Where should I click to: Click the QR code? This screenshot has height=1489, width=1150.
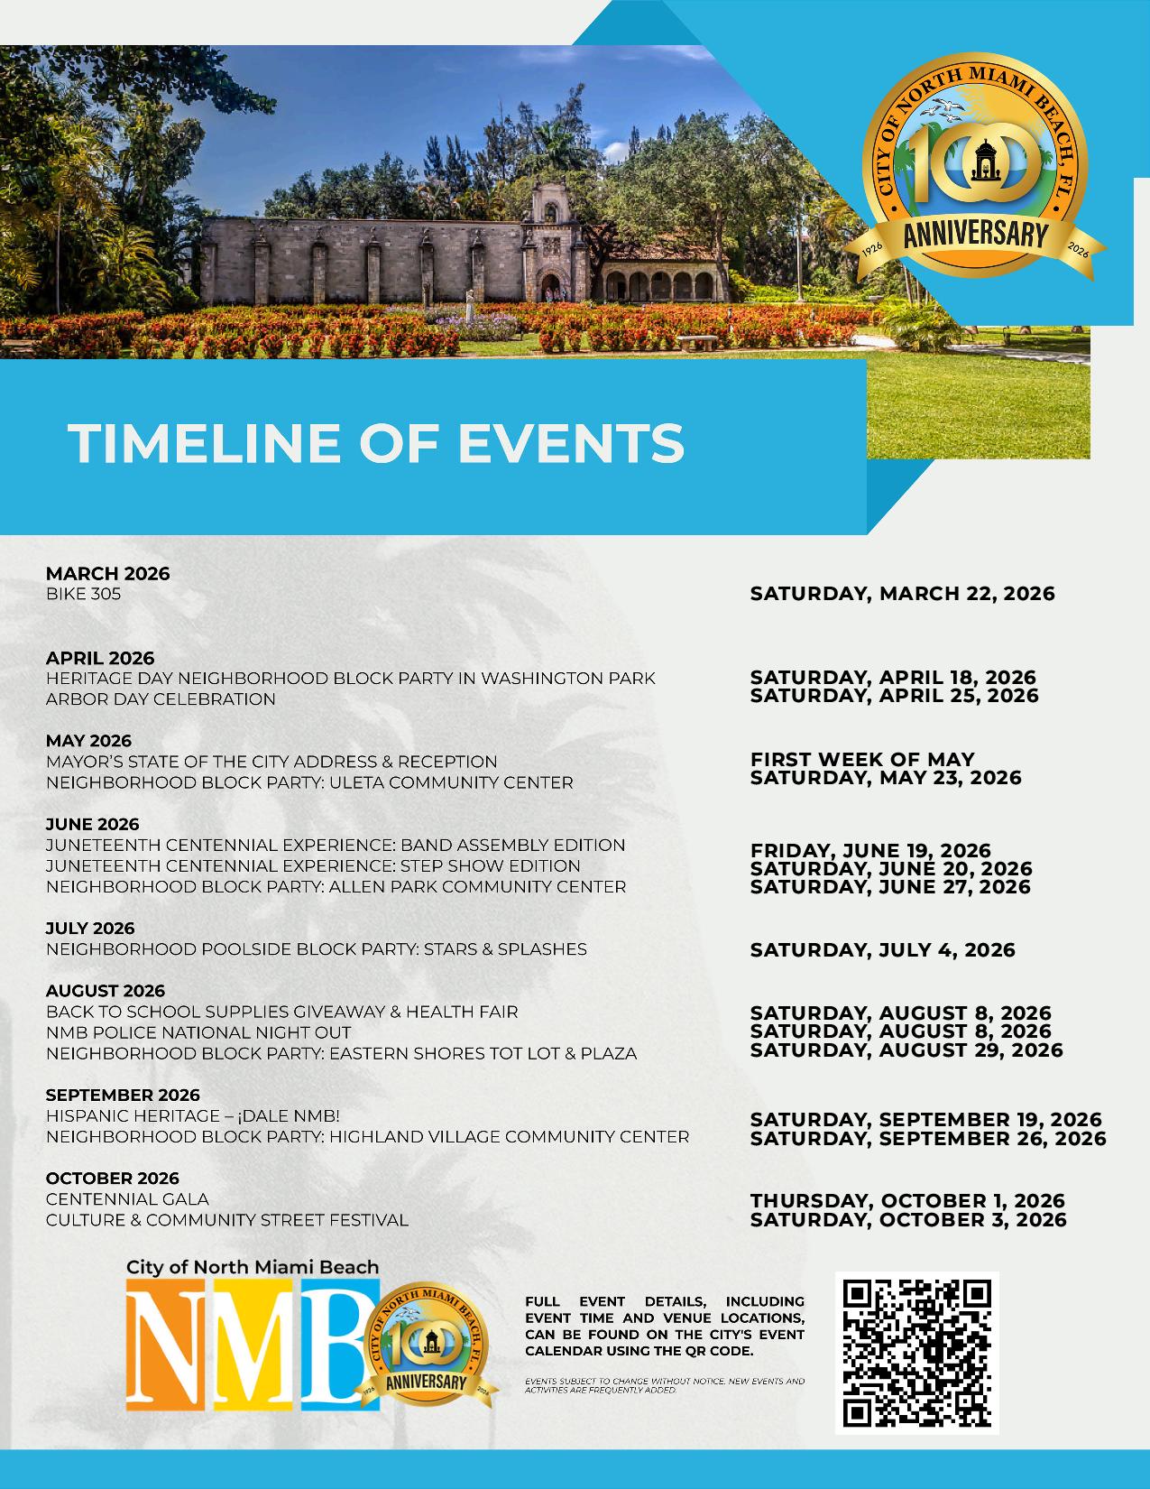tap(916, 1352)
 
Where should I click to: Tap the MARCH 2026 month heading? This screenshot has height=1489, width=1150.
tap(107, 574)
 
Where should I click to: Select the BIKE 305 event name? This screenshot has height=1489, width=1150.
tap(83, 594)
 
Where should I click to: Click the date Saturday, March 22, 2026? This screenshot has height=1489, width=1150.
tap(902, 594)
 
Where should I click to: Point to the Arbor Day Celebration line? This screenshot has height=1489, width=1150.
tap(161, 698)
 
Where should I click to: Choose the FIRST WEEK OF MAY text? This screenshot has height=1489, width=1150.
tap(862, 759)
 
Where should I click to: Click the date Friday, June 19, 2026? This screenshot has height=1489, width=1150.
tap(870, 850)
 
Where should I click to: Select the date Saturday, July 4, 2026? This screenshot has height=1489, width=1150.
tap(882, 949)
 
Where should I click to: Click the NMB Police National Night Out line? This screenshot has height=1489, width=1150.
tap(198, 1032)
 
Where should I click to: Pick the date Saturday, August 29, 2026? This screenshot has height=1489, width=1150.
tap(906, 1050)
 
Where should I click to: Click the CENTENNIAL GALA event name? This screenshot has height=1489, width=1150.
tap(127, 1199)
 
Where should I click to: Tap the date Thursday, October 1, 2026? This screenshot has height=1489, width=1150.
tap(907, 1201)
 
